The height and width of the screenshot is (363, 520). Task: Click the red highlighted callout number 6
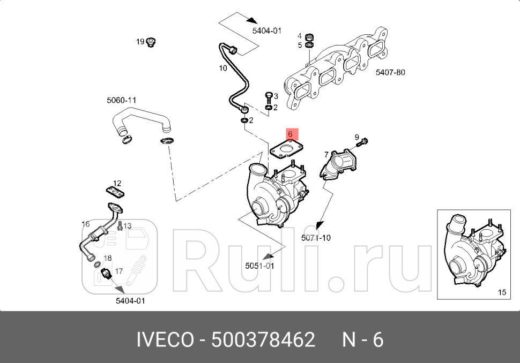(289, 134)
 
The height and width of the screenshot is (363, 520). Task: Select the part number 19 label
(140, 42)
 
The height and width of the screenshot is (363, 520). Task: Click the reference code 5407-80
(390, 72)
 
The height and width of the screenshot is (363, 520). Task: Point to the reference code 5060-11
(122, 100)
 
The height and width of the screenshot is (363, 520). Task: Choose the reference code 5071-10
(316, 238)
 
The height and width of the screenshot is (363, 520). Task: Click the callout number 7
(326, 154)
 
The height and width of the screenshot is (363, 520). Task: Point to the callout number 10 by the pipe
(222, 68)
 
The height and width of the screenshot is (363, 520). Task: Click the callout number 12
(117, 184)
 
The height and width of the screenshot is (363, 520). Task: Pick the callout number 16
(85, 224)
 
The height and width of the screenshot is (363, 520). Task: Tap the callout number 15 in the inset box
(502, 292)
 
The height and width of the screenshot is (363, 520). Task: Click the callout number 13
(127, 226)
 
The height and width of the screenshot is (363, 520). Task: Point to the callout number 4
(300, 36)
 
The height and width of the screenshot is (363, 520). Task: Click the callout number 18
(107, 258)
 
